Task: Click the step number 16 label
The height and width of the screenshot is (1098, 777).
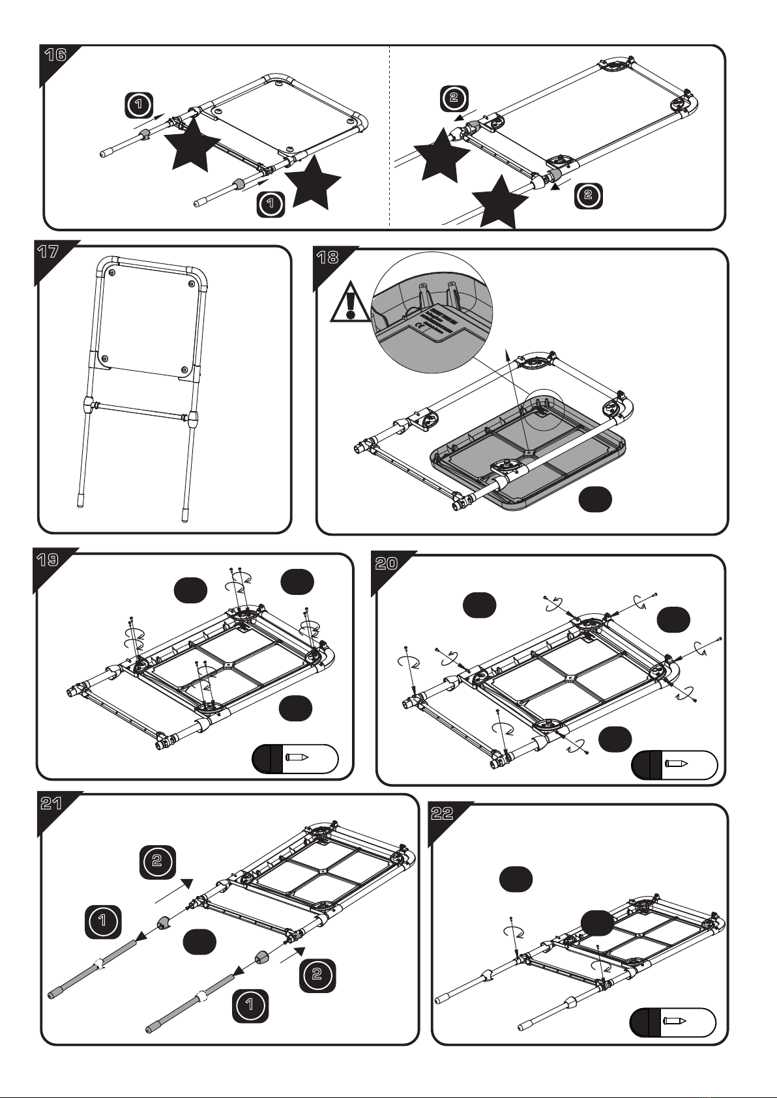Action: (55, 55)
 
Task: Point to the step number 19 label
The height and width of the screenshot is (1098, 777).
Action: (48, 560)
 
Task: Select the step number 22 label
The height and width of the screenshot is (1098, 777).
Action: (443, 814)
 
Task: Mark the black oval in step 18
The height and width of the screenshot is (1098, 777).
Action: (595, 499)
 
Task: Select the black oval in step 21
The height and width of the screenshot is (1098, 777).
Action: (199, 943)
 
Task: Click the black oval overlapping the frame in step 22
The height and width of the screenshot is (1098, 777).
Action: (597, 923)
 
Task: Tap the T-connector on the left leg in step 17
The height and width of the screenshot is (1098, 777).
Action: (88, 406)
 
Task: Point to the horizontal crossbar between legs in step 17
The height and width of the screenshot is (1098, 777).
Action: (140, 411)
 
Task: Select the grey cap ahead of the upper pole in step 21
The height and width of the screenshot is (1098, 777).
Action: (163, 923)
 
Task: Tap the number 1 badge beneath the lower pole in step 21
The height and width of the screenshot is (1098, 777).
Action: (250, 1005)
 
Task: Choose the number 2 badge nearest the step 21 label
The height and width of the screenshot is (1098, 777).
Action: (157, 861)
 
